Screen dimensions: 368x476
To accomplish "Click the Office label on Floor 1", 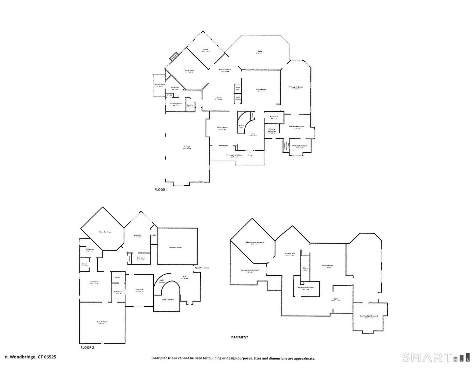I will (x=205, y=50).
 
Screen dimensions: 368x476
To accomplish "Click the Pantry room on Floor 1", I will (x=190, y=106).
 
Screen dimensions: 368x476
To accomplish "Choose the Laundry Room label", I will (x=176, y=104).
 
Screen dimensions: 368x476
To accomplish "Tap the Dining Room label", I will (x=222, y=128).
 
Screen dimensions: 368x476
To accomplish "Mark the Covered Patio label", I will (x=159, y=85).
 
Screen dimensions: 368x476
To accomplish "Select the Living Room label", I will (x=261, y=90).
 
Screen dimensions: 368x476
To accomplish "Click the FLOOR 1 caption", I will (x=161, y=190).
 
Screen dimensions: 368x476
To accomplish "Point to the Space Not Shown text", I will (x=202, y=268).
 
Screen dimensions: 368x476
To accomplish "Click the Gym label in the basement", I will (x=336, y=300).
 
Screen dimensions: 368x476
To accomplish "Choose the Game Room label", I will (x=290, y=254).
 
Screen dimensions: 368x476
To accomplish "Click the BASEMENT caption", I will (x=240, y=337).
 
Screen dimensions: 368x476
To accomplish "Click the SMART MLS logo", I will (x=436, y=357).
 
